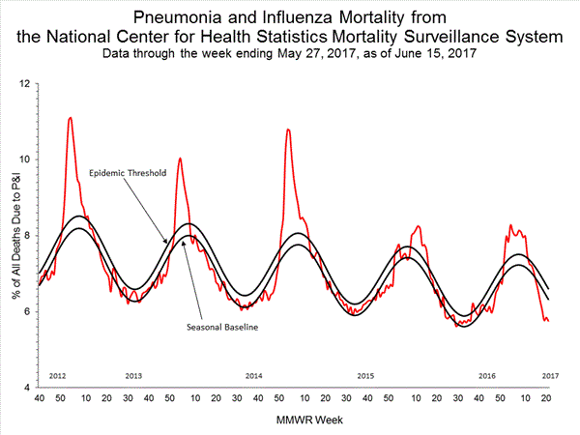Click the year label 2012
[57, 374]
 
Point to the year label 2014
[254, 374]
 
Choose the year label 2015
[365, 374]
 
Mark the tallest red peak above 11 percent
[70, 118]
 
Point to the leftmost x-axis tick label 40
[39, 397]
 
